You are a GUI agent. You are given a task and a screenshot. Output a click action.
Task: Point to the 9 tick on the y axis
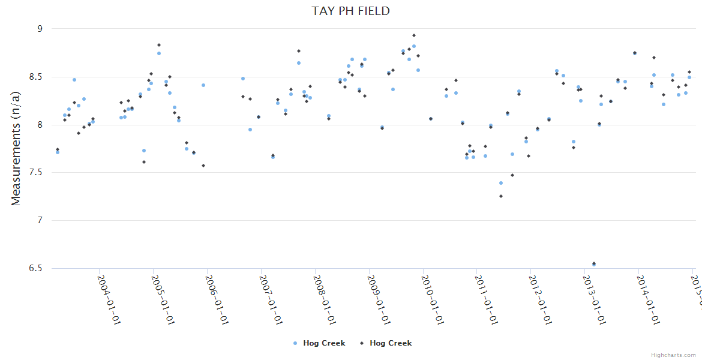tap(40, 29)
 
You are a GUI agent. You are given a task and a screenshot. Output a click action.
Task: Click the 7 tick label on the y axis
tap(40, 221)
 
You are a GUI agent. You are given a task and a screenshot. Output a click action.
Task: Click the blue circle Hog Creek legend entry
tap(319, 343)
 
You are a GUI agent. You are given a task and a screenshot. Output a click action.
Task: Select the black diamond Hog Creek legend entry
tap(386, 343)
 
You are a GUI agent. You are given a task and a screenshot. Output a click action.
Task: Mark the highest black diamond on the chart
tap(414, 35)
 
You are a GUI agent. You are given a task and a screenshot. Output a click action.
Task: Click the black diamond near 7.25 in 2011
tap(501, 196)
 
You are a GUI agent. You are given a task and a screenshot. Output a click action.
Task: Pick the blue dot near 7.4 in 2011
tap(501, 183)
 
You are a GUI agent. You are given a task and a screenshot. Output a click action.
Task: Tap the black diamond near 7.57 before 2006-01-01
tap(203, 166)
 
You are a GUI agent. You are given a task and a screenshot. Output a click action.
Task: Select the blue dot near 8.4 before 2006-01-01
tap(203, 85)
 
